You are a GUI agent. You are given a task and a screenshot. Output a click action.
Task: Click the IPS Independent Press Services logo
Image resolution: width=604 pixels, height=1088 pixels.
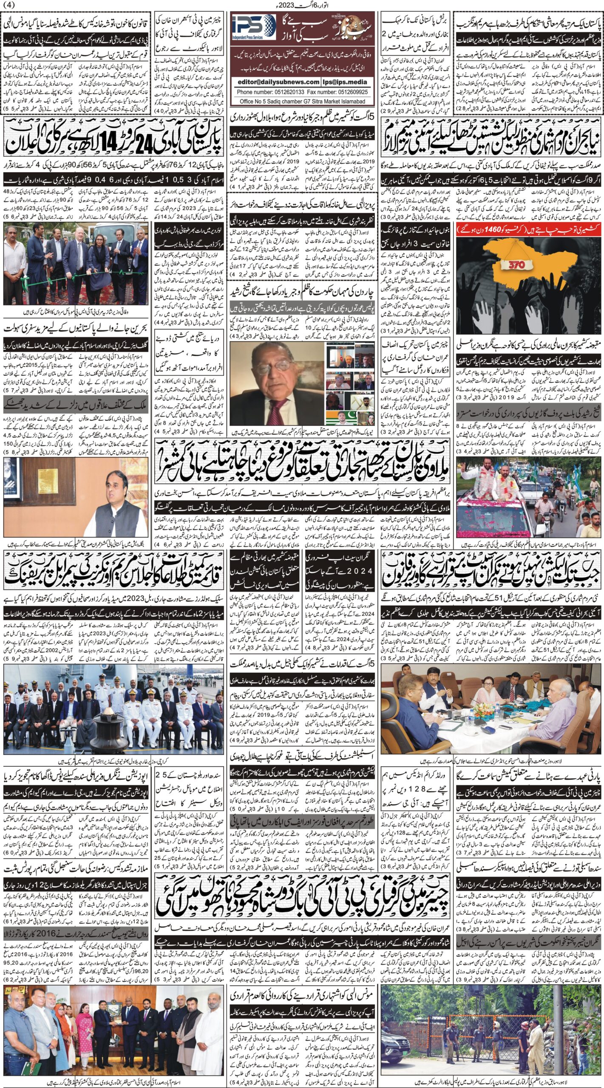coord(252,28)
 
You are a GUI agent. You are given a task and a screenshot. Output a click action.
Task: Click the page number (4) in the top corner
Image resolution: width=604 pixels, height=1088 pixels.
coord(8,5)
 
